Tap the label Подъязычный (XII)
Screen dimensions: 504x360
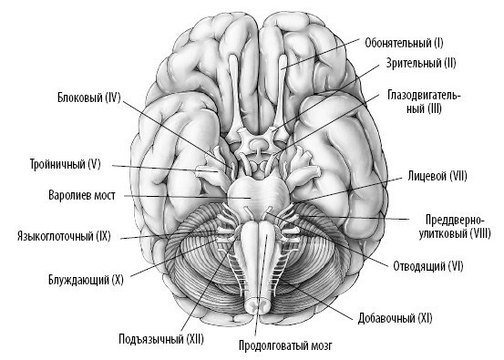pyautogui.click(x=161, y=340)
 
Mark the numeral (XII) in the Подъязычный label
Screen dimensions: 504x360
pyautogui.click(x=191, y=340)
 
